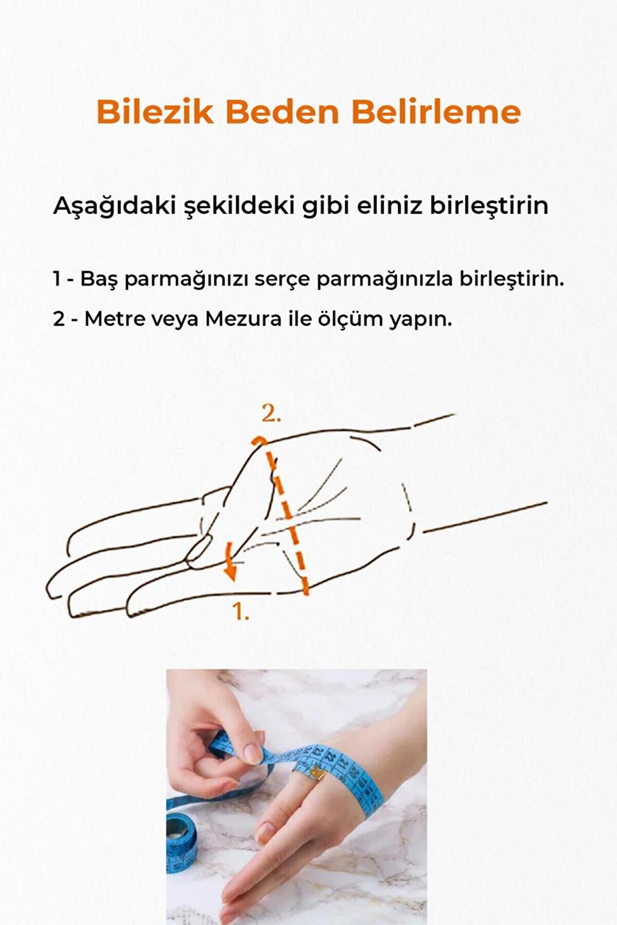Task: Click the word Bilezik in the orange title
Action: click(155, 112)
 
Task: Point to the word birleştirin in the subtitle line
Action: click(489, 206)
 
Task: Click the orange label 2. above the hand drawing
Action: click(271, 414)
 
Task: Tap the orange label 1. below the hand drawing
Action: click(240, 611)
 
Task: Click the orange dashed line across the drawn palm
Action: click(288, 519)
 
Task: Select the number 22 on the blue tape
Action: click(329, 757)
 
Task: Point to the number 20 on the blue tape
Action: click(353, 771)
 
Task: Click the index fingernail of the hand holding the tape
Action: click(253, 753)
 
